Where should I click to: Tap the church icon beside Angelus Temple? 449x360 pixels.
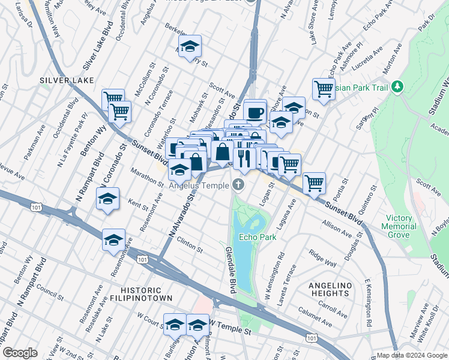(x=239, y=184)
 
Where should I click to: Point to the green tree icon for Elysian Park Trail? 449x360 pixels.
(x=397, y=87)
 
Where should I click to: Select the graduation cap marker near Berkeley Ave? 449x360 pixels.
(x=190, y=47)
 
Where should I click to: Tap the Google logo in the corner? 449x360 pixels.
(x=20, y=353)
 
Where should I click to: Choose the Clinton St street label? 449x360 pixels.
(x=189, y=247)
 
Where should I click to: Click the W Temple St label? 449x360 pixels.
(x=229, y=331)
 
